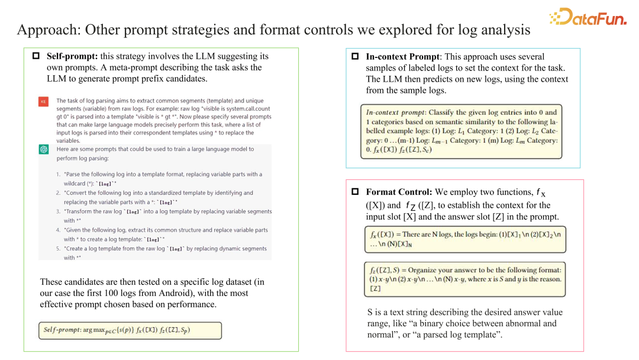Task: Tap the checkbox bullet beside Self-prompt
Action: (x=35, y=56)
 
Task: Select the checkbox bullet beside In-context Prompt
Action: (x=355, y=57)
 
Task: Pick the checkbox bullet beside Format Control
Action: (x=355, y=192)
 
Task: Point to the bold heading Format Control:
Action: (x=399, y=192)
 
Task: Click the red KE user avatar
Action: (x=43, y=101)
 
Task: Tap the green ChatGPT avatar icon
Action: (x=43, y=149)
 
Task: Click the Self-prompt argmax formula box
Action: (x=130, y=330)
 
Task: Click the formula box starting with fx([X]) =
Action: (x=464, y=239)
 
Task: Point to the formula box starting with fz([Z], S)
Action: (x=464, y=279)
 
